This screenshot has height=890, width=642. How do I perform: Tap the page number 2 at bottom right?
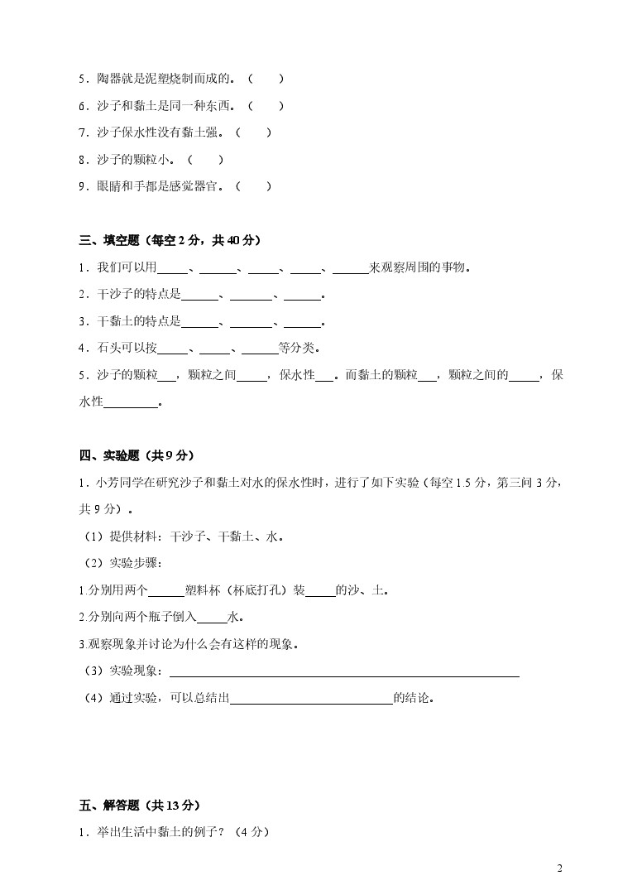point(560,868)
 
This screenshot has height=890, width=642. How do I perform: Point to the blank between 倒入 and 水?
point(213,617)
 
